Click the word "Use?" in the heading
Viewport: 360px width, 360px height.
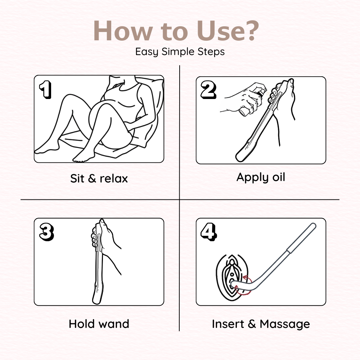pyautogui.click(x=228, y=31)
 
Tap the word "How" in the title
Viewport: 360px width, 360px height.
pyautogui.click(x=123, y=31)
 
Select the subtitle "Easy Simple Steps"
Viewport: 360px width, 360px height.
pyautogui.click(x=180, y=51)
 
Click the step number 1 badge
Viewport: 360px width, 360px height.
pyautogui.click(x=45, y=90)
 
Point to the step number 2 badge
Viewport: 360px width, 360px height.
pyautogui.click(x=208, y=90)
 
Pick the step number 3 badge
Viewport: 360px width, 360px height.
pyautogui.click(x=46, y=232)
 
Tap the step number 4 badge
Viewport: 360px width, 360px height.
pyautogui.click(x=208, y=231)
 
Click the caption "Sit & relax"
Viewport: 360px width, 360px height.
pyautogui.click(x=99, y=179)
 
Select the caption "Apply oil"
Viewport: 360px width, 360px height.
pyautogui.click(x=261, y=177)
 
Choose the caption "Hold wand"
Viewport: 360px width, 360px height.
pyautogui.click(x=99, y=324)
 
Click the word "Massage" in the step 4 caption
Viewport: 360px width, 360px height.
pyautogui.click(x=285, y=325)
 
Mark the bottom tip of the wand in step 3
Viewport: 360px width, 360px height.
pyautogui.click(x=96, y=303)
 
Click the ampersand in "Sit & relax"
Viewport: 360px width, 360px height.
pyautogui.click(x=92, y=179)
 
